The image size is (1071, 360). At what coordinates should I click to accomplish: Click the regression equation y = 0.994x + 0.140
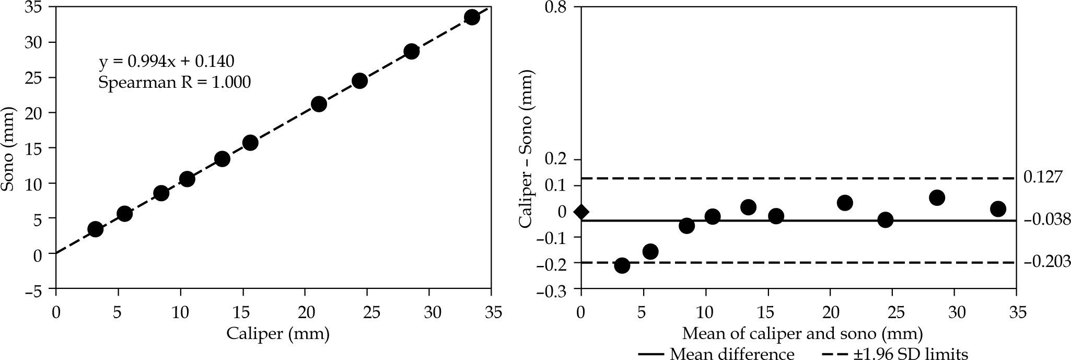pos(167,62)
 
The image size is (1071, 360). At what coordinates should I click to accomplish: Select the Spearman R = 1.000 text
pos(174,82)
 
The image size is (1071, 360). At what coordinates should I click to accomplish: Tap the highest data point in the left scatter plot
pos(472,17)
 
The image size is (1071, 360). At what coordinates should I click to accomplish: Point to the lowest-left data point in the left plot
pos(95,229)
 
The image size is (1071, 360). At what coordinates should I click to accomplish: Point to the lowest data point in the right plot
pos(622,265)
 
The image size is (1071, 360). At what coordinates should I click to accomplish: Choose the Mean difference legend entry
pos(716,354)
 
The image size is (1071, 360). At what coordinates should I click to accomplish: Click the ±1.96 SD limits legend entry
pos(895,354)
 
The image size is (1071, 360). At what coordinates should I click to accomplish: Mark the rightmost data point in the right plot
pos(998,209)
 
